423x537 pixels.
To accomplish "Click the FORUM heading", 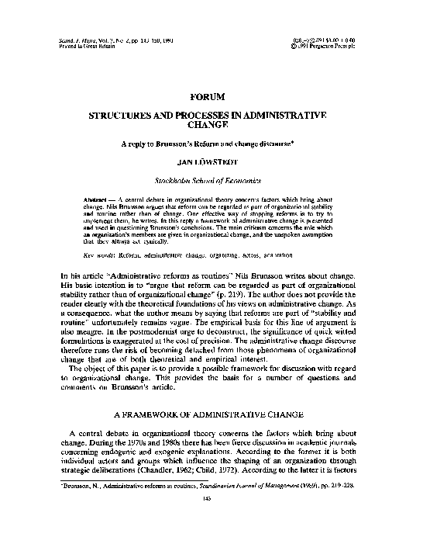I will [211, 96].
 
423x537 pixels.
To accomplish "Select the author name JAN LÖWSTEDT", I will [211, 162].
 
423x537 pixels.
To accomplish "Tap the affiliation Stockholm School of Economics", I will [211, 181].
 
